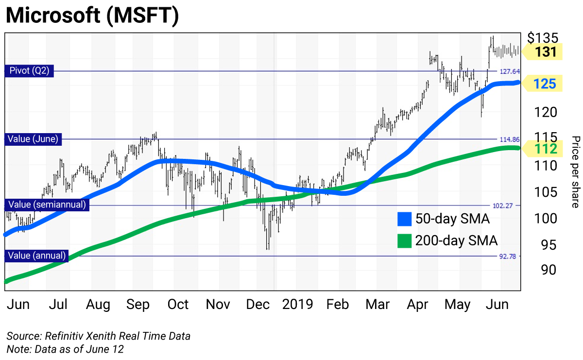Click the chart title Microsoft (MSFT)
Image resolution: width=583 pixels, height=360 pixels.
[92, 16]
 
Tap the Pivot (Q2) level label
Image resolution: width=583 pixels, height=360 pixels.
[30, 71]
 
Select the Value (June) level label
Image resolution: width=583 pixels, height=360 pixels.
[33, 139]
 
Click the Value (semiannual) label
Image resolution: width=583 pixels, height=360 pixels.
[47, 205]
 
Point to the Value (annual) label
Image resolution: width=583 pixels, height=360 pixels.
[37, 256]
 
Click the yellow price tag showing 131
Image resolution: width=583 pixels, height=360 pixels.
[545, 51]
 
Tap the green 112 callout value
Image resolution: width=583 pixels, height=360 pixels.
[545, 148]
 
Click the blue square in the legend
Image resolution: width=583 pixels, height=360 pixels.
[404, 219]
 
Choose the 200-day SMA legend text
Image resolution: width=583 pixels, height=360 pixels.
[456, 240]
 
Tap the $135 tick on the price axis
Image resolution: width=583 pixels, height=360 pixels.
[543, 38]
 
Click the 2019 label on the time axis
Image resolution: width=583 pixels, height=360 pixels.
[298, 305]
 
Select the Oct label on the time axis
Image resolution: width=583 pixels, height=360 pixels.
[178, 305]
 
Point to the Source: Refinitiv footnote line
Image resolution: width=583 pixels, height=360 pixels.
[98, 336]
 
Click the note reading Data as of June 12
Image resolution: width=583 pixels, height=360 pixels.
[65, 348]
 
